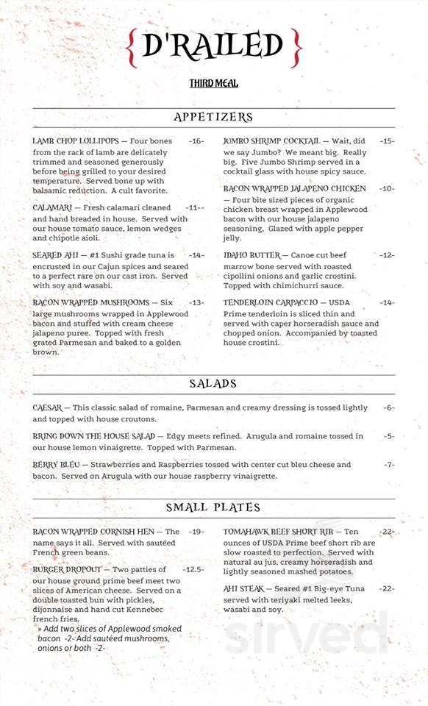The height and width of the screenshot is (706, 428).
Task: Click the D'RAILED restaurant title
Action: click(213, 46)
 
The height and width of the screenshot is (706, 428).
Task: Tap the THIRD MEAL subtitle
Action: click(213, 84)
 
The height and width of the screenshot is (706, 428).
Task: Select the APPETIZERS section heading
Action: click(213, 117)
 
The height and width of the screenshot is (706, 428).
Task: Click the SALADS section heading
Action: click(213, 383)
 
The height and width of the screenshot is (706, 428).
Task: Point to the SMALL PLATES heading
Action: click(213, 507)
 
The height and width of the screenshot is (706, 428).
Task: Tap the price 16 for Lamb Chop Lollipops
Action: click(196, 140)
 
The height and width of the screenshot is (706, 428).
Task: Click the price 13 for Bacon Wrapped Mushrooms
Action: click(196, 302)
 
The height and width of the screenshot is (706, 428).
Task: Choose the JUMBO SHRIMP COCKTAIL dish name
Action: click(271, 140)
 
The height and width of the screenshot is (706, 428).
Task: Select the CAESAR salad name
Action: click(48, 407)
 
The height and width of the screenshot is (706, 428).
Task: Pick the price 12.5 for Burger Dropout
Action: click(193, 570)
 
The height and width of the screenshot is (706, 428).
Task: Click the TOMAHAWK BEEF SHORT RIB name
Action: click(279, 532)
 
